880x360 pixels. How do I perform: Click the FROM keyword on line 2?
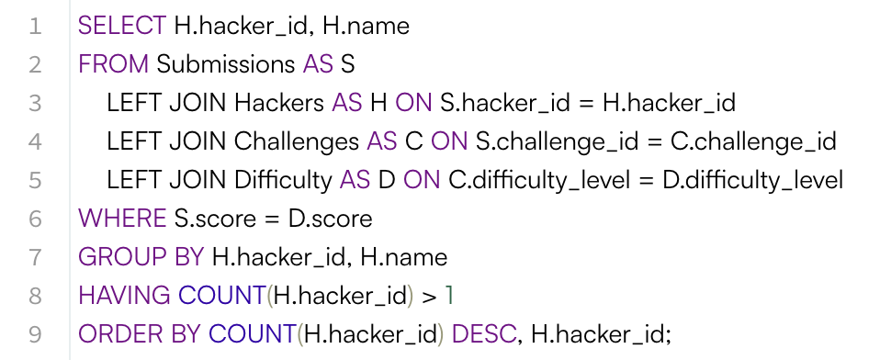tap(114, 64)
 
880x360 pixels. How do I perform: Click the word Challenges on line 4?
tap(296, 141)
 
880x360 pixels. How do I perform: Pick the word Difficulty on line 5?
tap(283, 180)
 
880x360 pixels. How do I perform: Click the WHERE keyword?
tap(121, 219)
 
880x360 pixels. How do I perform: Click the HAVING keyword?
tap(124, 296)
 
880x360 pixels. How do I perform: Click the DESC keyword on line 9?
tap(483, 334)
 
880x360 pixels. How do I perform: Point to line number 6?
tap(35, 219)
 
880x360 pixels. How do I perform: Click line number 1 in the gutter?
tap(35, 26)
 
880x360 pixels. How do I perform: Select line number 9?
tap(35, 334)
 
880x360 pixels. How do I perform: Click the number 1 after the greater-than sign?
tap(450, 296)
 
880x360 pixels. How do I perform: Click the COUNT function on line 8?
tap(221, 296)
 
